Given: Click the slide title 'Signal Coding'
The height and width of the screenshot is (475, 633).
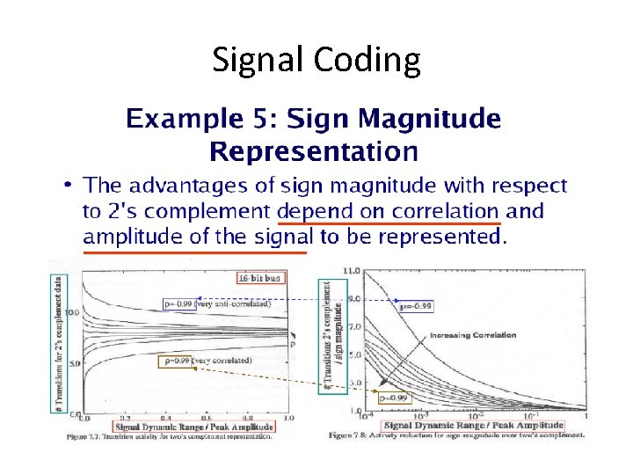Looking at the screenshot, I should click(x=316, y=60).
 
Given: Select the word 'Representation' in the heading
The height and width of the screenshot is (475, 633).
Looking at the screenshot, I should click(x=313, y=151).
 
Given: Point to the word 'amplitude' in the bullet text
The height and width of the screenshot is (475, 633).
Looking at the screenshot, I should click(x=123, y=237).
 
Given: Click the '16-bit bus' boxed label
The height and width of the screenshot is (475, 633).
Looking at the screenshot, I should click(x=261, y=278).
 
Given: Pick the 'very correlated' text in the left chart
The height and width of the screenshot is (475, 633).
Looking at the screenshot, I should click(x=222, y=361).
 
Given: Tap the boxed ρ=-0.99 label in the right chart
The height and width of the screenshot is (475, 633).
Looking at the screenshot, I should click(x=415, y=307).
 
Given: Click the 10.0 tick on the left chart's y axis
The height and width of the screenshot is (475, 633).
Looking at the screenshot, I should click(x=72, y=311).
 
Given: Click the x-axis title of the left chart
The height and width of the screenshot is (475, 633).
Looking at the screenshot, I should click(x=194, y=427).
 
